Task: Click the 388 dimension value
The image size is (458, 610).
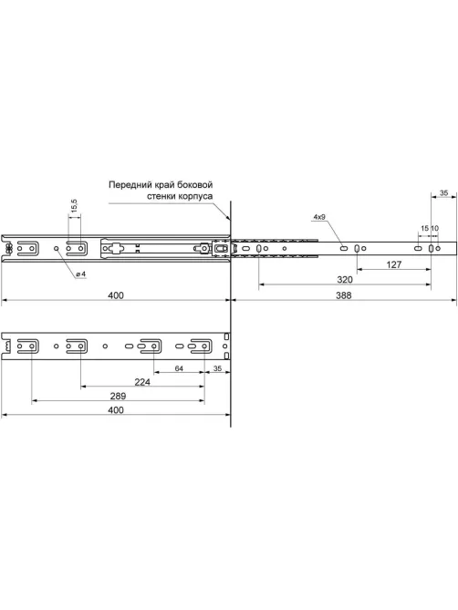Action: (x=344, y=295)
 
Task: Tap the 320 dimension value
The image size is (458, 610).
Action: (x=345, y=280)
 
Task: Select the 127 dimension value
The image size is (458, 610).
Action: (x=394, y=264)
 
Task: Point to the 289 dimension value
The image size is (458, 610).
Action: (x=118, y=396)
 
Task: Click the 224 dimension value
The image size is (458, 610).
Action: (x=142, y=382)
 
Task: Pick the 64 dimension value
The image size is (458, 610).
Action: (x=179, y=368)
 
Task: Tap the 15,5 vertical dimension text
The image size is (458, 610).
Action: (x=74, y=206)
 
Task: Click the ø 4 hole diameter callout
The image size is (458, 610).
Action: (x=81, y=274)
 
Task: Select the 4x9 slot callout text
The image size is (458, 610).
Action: (x=319, y=217)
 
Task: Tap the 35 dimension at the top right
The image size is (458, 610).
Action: (x=443, y=192)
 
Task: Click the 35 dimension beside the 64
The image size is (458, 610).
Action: (x=217, y=368)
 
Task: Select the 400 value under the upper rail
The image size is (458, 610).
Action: (x=116, y=295)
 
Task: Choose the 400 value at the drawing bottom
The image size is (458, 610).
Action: (x=116, y=410)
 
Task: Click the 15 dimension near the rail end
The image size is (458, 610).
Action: (x=424, y=228)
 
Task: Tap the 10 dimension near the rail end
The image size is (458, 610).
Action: (x=435, y=228)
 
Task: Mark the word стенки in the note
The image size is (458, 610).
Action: (x=161, y=196)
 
